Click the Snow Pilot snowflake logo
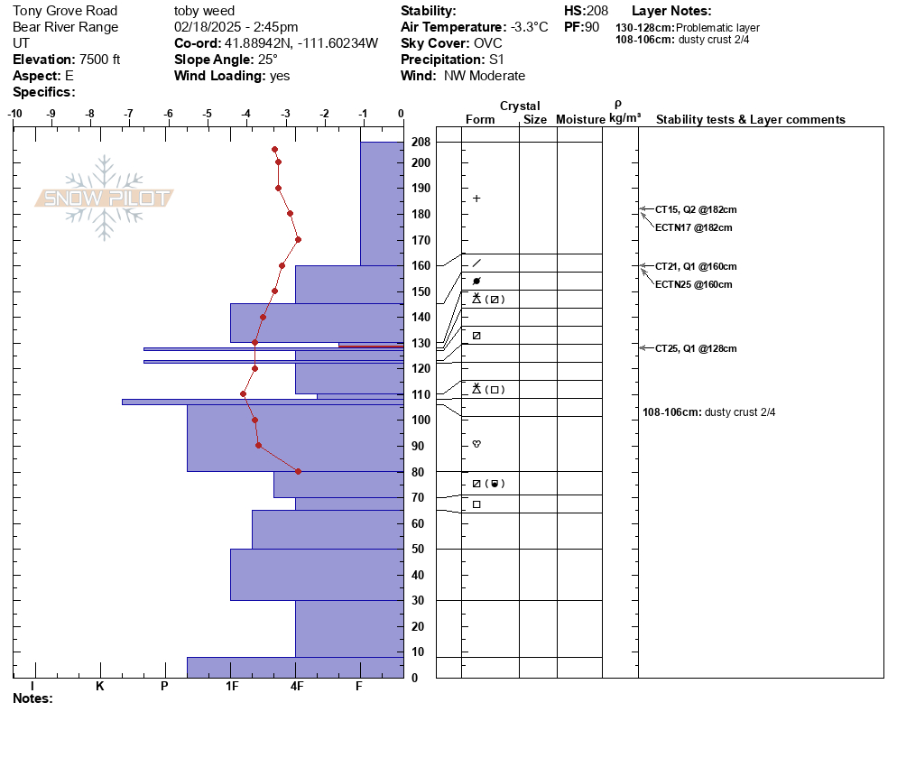point(104,198)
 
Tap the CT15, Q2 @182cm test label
point(696,209)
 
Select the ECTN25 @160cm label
point(693,284)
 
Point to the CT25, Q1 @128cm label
point(696,348)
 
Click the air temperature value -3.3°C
point(530,27)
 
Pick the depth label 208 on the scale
point(421,142)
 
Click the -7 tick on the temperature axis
point(129,114)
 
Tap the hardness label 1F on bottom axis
point(232,686)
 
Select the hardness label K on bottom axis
point(100,686)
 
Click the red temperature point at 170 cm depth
point(298,240)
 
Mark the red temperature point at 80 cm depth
point(298,471)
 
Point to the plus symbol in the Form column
point(476,199)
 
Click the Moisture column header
point(580,119)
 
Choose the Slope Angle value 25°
point(268,60)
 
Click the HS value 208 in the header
point(597,11)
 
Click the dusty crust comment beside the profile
point(708,411)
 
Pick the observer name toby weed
point(204,11)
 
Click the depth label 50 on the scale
point(418,550)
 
